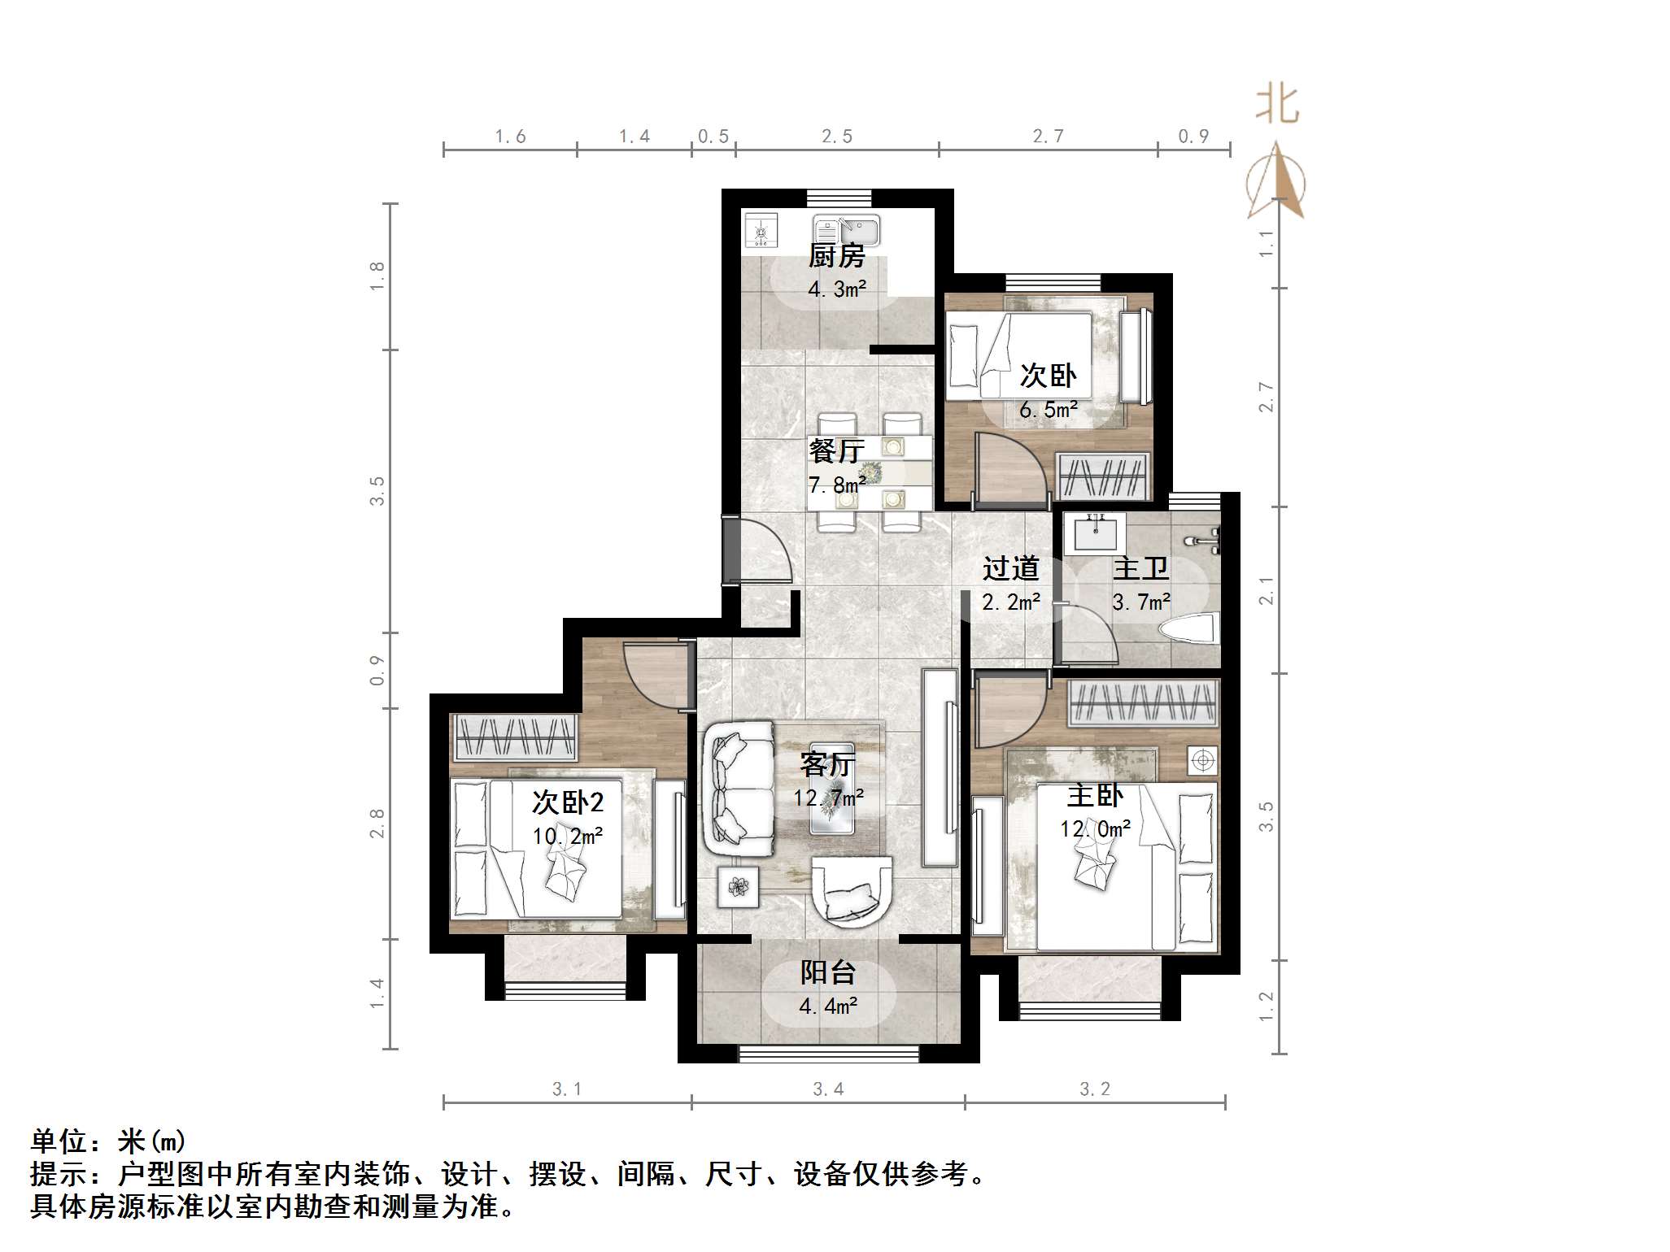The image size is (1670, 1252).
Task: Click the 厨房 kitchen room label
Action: [x=836, y=256]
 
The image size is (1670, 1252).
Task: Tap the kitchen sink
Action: [x=846, y=231]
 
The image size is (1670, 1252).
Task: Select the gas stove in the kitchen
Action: [x=761, y=230]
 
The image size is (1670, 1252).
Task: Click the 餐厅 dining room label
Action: [x=836, y=450]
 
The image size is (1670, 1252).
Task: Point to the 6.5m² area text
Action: [x=1049, y=410]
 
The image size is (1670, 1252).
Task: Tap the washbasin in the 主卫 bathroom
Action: [x=1094, y=533]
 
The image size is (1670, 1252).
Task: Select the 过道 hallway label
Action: [x=1010, y=568]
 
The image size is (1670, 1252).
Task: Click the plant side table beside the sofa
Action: [x=738, y=886]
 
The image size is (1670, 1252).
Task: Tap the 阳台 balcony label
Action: [x=828, y=972]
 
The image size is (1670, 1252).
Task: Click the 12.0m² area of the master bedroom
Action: [x=1095, y=828]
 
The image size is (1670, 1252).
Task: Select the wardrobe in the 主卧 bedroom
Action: [x=1143, y=702]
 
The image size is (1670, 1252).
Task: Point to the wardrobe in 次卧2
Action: [x=514, y=737]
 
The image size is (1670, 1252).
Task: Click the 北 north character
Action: [x=1277, y=106]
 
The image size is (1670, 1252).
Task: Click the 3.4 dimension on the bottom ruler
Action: [x=828, y=1089]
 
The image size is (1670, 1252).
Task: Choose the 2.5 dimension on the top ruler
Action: [x=836, y=137]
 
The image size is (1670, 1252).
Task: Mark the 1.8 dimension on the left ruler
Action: [x=376, y=276]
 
